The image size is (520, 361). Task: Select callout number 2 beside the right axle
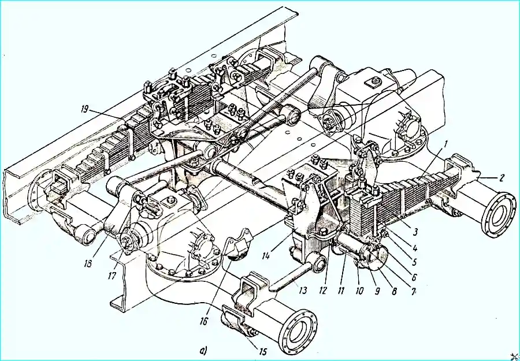click(501, 178)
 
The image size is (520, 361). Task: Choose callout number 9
click(414, 291)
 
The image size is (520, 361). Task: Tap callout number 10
click(394, 291)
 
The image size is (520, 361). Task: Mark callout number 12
click(359, 291)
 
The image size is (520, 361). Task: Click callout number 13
click(341, 291)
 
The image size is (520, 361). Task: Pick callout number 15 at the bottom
click(302, 291)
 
